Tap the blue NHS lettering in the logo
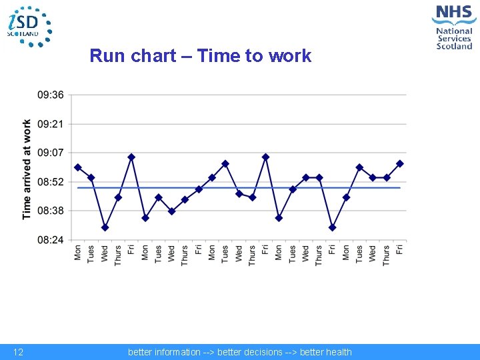[x=453, y=13]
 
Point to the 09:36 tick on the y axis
[x=51, y=95]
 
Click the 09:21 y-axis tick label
[x=51, y=124]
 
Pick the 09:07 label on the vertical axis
[x=51, y=153]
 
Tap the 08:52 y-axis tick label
[x=51, y=182]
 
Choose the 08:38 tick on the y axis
[x=51, y=211]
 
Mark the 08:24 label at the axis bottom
[x=51, y=239]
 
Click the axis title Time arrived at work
[x=27, y=169]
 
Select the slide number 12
[x=19, y=352]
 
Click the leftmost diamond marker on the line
[x=78, y=167]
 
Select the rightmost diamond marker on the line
[x=400, y=163]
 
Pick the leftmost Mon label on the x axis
[x=78, y=253]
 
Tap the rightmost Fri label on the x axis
[x=400, y=250]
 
